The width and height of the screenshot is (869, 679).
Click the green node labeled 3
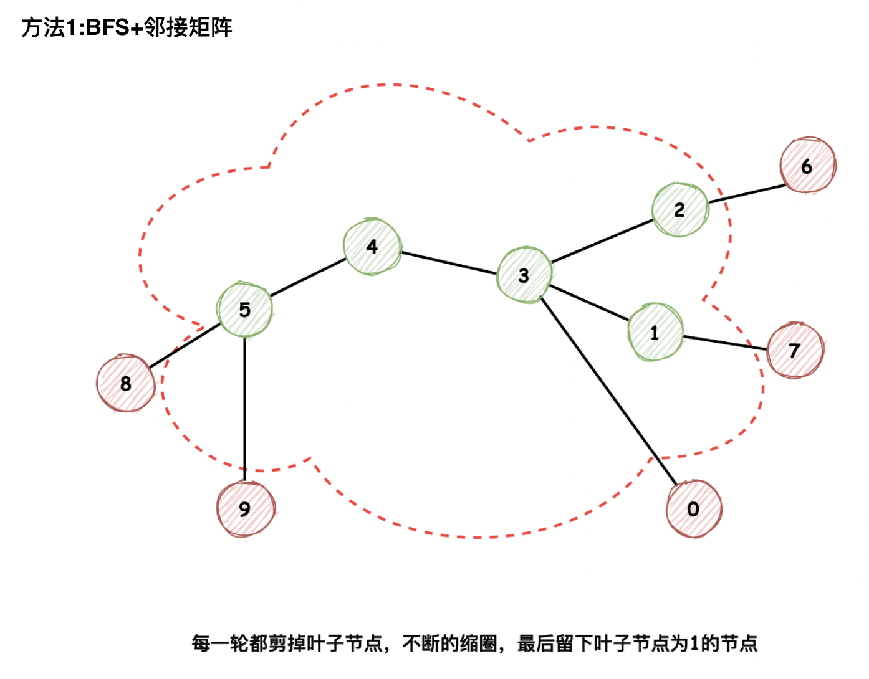tap(524, 275)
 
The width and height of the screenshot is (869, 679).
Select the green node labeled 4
tap(372, 247)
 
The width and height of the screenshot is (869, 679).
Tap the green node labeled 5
tap(244, 310)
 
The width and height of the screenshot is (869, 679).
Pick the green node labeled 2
tap(680, 210)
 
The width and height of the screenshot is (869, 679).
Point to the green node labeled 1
tap(655, 333)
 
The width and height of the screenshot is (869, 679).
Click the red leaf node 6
tap(807, 166)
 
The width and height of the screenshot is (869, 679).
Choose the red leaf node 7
tap(795, 350)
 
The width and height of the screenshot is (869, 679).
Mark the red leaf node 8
tap(125, 383)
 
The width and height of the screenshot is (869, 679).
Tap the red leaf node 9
tap(245, 508)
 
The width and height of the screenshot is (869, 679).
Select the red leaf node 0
tap(693, 508)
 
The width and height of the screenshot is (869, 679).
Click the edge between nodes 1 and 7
tap(724, 343)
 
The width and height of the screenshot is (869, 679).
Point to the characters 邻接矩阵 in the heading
tap(188, 28)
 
